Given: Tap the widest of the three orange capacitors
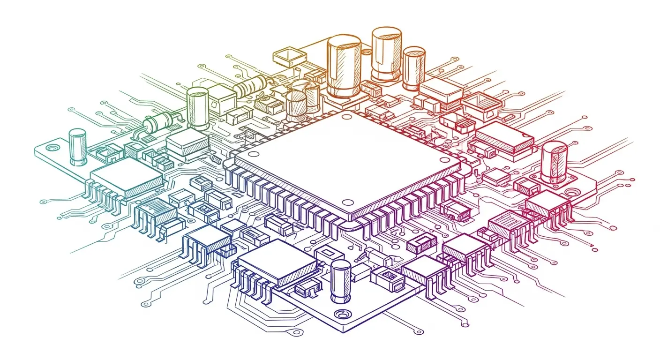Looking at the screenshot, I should tap(344, 66).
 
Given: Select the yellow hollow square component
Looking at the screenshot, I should tap(289, 57).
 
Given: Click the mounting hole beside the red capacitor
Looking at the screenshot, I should tap(570, 192).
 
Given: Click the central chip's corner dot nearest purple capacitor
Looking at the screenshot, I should tap(347, 202).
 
